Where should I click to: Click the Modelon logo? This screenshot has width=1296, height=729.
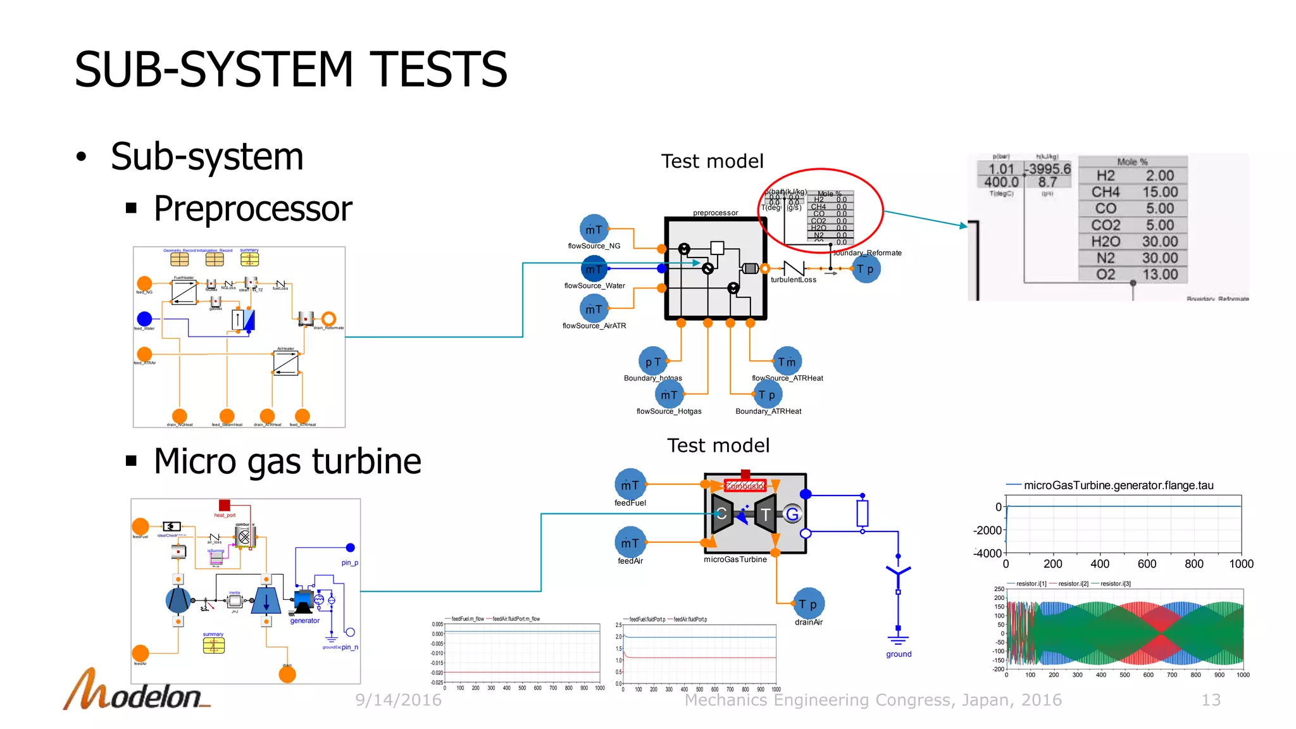[x=136, y=692]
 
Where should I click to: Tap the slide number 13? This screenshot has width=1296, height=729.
[x=1211, y=700]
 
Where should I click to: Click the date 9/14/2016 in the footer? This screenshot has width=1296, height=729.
[x=398, y=700]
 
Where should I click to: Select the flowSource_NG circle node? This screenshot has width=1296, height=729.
[x=594, y=229]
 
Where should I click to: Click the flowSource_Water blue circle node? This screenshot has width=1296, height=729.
[x=594, y=270]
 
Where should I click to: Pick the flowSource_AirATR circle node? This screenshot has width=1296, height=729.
[x=594, y=309]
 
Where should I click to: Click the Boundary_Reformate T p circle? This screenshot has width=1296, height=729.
[x=866, y=269]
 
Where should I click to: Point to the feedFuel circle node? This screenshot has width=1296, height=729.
[x=630, y=485]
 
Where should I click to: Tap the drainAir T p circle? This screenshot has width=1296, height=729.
[x=809, y=604]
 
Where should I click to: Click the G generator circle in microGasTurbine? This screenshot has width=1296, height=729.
[x=792, y=514]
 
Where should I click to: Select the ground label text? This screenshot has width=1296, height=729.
[x=899, y=654]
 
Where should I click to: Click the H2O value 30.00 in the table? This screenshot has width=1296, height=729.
[x=1159, y=242]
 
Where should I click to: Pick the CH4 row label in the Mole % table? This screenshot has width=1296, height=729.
[x=1105, y=192]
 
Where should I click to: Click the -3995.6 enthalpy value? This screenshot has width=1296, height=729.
[x=1049, y=169]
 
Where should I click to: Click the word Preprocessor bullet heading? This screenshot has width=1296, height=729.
[x=252, y=209]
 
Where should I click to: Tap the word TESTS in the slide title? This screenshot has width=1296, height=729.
[x=438, y=70]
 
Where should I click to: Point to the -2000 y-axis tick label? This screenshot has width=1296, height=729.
[x=987, y=530]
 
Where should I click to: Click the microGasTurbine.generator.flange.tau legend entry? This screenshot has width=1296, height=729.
[x=1118, y=485]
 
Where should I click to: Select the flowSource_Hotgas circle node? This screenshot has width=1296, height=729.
[x=669, y=395]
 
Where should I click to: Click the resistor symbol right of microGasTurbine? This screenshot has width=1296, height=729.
[x=862, y=513]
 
